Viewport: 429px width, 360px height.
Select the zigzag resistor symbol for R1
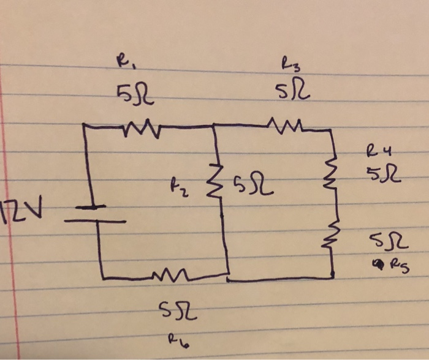(143, 128)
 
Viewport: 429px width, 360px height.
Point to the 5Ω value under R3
(295, 92)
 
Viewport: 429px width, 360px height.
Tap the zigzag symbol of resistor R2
(216, 183)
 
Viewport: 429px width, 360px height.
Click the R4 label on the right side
(375, 150)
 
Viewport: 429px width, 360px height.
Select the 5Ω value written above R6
(176, 313)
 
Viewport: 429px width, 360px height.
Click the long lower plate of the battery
(94, 221)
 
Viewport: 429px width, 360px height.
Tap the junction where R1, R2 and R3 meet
(213, 126)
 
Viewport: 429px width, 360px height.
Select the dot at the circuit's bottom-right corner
(332, 276)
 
